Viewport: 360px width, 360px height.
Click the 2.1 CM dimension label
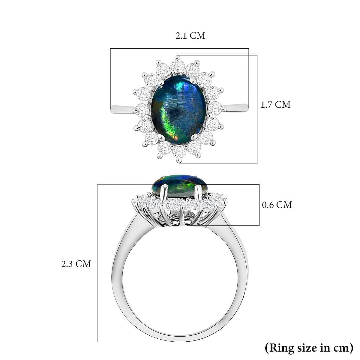tap(190, 36)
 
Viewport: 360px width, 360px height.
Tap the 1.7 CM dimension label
tap(275, 105)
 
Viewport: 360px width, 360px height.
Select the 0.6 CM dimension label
tap(277, 205)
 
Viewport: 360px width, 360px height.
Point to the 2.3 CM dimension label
tap(76, 264)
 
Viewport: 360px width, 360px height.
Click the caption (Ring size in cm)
tap(309, 348)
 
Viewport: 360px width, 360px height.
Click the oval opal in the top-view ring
tap(178, 110)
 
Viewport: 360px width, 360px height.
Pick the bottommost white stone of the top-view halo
tap(179, 151)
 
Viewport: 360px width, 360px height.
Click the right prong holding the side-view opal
tap(198, 193)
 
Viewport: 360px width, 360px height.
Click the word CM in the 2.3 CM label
tap(83, 264)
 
